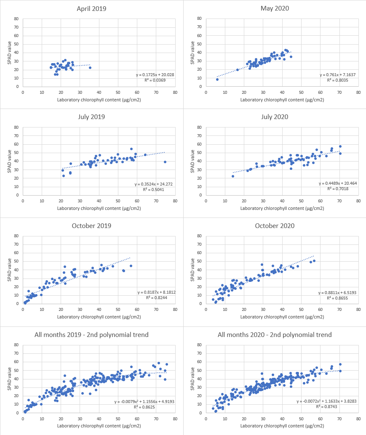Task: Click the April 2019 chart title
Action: (91, 8)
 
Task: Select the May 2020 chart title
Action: (275, 8)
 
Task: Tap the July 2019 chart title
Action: (91, 117)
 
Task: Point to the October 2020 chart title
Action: (275, 225)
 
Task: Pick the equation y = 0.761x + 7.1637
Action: (338, 74)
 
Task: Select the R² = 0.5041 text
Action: (159, 189)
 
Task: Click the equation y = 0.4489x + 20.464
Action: (338, 183)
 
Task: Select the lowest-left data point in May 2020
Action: (217, 79)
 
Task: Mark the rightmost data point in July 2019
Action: (165, 162)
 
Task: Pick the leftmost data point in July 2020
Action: (232, 176)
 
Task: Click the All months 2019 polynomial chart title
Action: (91, 335)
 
